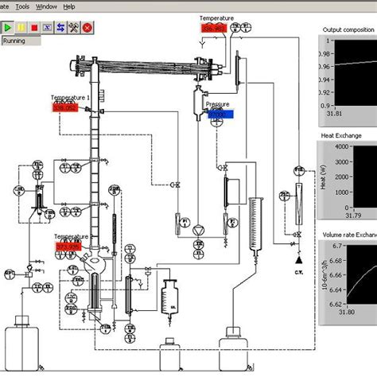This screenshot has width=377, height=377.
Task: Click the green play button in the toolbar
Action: pyautogui.click(x=8, y=26)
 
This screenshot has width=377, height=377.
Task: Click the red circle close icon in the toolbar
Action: pyautogui.click(x=87, y=26)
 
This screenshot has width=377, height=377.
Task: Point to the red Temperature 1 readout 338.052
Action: pyautogui.click(x=68, y=108)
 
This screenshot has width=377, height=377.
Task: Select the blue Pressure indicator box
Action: pyautogui.click(x=216, y=114)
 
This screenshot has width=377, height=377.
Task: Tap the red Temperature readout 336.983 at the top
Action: pyautogui.click(x=214, y=28)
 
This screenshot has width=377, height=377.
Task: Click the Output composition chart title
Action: pyautogui.click(x=348, y=30)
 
